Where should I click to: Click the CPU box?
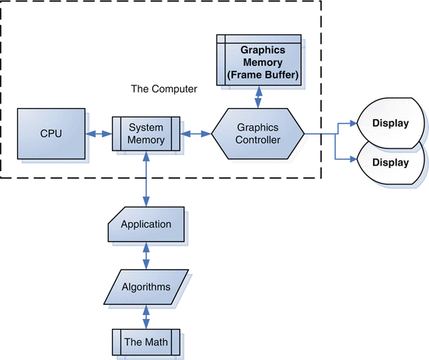(x=51, y=134)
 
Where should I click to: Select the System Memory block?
(x=146, y=134)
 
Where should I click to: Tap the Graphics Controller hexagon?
(x=258, y=134)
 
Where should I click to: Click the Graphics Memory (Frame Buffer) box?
(x=259, y=60)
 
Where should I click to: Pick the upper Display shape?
(x=391, y=123)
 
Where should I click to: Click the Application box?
(x=146, y=224)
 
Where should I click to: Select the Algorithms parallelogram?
(x=146, y=287)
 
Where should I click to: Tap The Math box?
(x=146, y=342)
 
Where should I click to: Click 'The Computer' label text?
(x=164, y=89)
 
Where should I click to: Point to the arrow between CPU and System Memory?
(x=99, y=134)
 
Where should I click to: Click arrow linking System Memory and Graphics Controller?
(x=196, y=134)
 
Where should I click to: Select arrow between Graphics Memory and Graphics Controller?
(x=258, y=97)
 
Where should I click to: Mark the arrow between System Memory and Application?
(x=146, y=179)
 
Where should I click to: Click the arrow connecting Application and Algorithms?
(x=146, y=256)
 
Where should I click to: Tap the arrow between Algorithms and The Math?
(x=146, y=316)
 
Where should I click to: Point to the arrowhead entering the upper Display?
(x=354, y=123)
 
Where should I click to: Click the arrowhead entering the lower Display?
(x=354, y=159)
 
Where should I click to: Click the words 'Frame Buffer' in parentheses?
(x=263, y=75)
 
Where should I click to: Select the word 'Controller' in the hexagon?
(x=258, y=140)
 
